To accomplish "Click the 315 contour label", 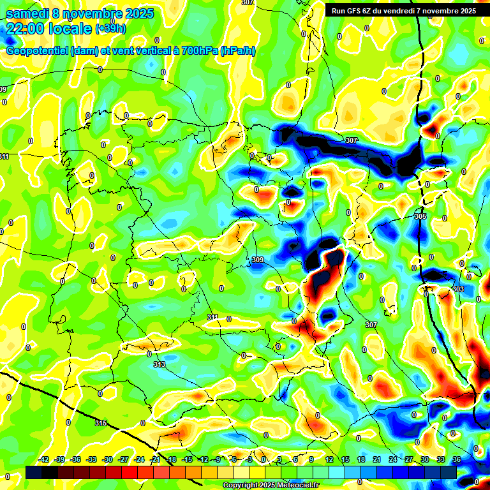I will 100,423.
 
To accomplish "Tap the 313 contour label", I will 160,364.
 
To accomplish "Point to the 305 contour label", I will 420,217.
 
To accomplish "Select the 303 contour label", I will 458,289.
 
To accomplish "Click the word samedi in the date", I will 27,13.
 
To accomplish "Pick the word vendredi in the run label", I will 412,11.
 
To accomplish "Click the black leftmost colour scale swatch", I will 34,471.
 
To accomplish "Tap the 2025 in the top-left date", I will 135,13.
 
